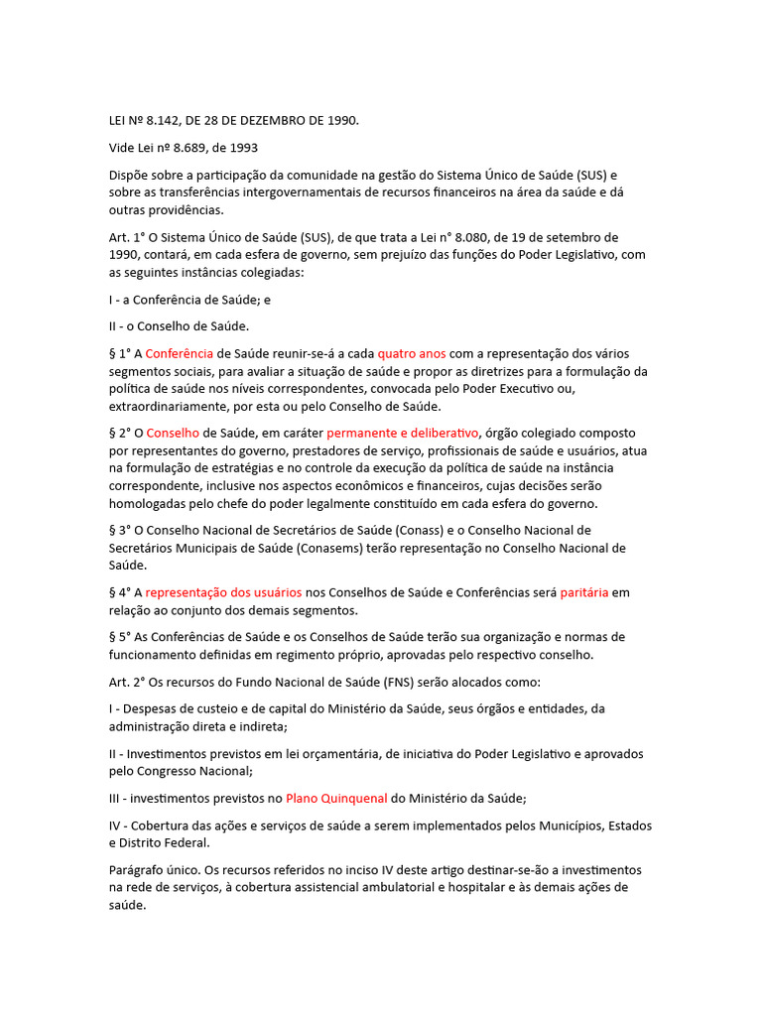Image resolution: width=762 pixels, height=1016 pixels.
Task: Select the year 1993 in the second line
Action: tap(243, 148)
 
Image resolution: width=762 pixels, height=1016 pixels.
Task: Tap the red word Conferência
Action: tap(180, 353)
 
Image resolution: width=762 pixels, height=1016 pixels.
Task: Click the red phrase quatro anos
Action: tap(412, 353)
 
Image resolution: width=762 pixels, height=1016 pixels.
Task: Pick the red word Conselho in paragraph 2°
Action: tap(174, 433)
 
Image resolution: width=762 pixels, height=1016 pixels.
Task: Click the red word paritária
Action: tap(584, 592)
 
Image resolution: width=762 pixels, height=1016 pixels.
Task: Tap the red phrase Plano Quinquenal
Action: tap(336, 798)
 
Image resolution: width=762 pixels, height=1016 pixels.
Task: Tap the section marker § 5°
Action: tap(121, 637)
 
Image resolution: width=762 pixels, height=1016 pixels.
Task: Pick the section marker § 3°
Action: tap(121, 530)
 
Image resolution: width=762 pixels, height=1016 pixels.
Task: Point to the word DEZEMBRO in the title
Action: tap(270, 121)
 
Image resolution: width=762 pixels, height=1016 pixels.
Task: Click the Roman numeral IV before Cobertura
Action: tap(114, 825)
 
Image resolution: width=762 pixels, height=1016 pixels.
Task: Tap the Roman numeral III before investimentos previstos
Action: tap(114, 798)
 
